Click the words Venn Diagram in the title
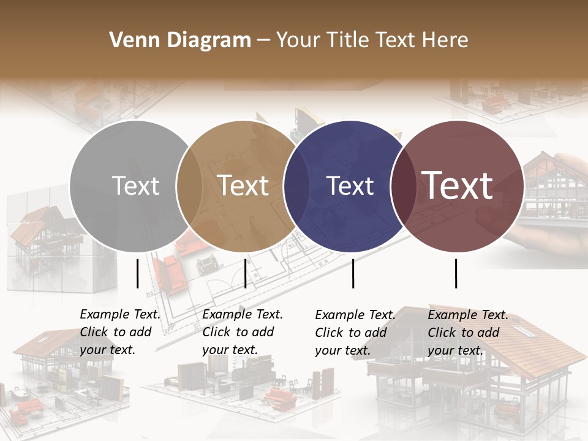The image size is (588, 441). pyautogui.click(x=180, y=40)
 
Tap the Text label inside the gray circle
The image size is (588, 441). pyautogui.click(x=135, y=186)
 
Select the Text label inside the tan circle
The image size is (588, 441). pyautogui.click(x=243, y=186)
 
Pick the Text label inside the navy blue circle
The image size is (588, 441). pyautogui.click(x=350, y=186)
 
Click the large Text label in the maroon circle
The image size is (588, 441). pyautogui.click(x=458, y=185)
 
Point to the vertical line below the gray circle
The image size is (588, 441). pyautogui.click(x=137, y=273)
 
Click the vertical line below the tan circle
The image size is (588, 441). pyautogui.click(x=245, y=273)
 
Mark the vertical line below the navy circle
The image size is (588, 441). pyautogui.click(x=353, y=273)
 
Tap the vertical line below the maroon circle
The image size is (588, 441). pyautogui.click(x=456, y=273)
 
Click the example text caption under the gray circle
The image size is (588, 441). pyautogui.click(x=120, y=332)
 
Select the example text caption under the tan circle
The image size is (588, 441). pyautogui.click(x=243, y=332)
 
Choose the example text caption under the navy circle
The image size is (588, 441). pyautogui.click(x=355, y=333)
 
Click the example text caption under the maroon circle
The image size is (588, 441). pyautogui.click(x=468, y=333)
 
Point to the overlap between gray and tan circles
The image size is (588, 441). pyautogui.click(x=189, y=186)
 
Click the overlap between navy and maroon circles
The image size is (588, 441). pyautogui.click(x=402, y=186)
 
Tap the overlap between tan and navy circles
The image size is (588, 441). pyautogui.click(x=296, y=186)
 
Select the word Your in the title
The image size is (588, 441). pyautogui.click(x=298, y=40)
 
